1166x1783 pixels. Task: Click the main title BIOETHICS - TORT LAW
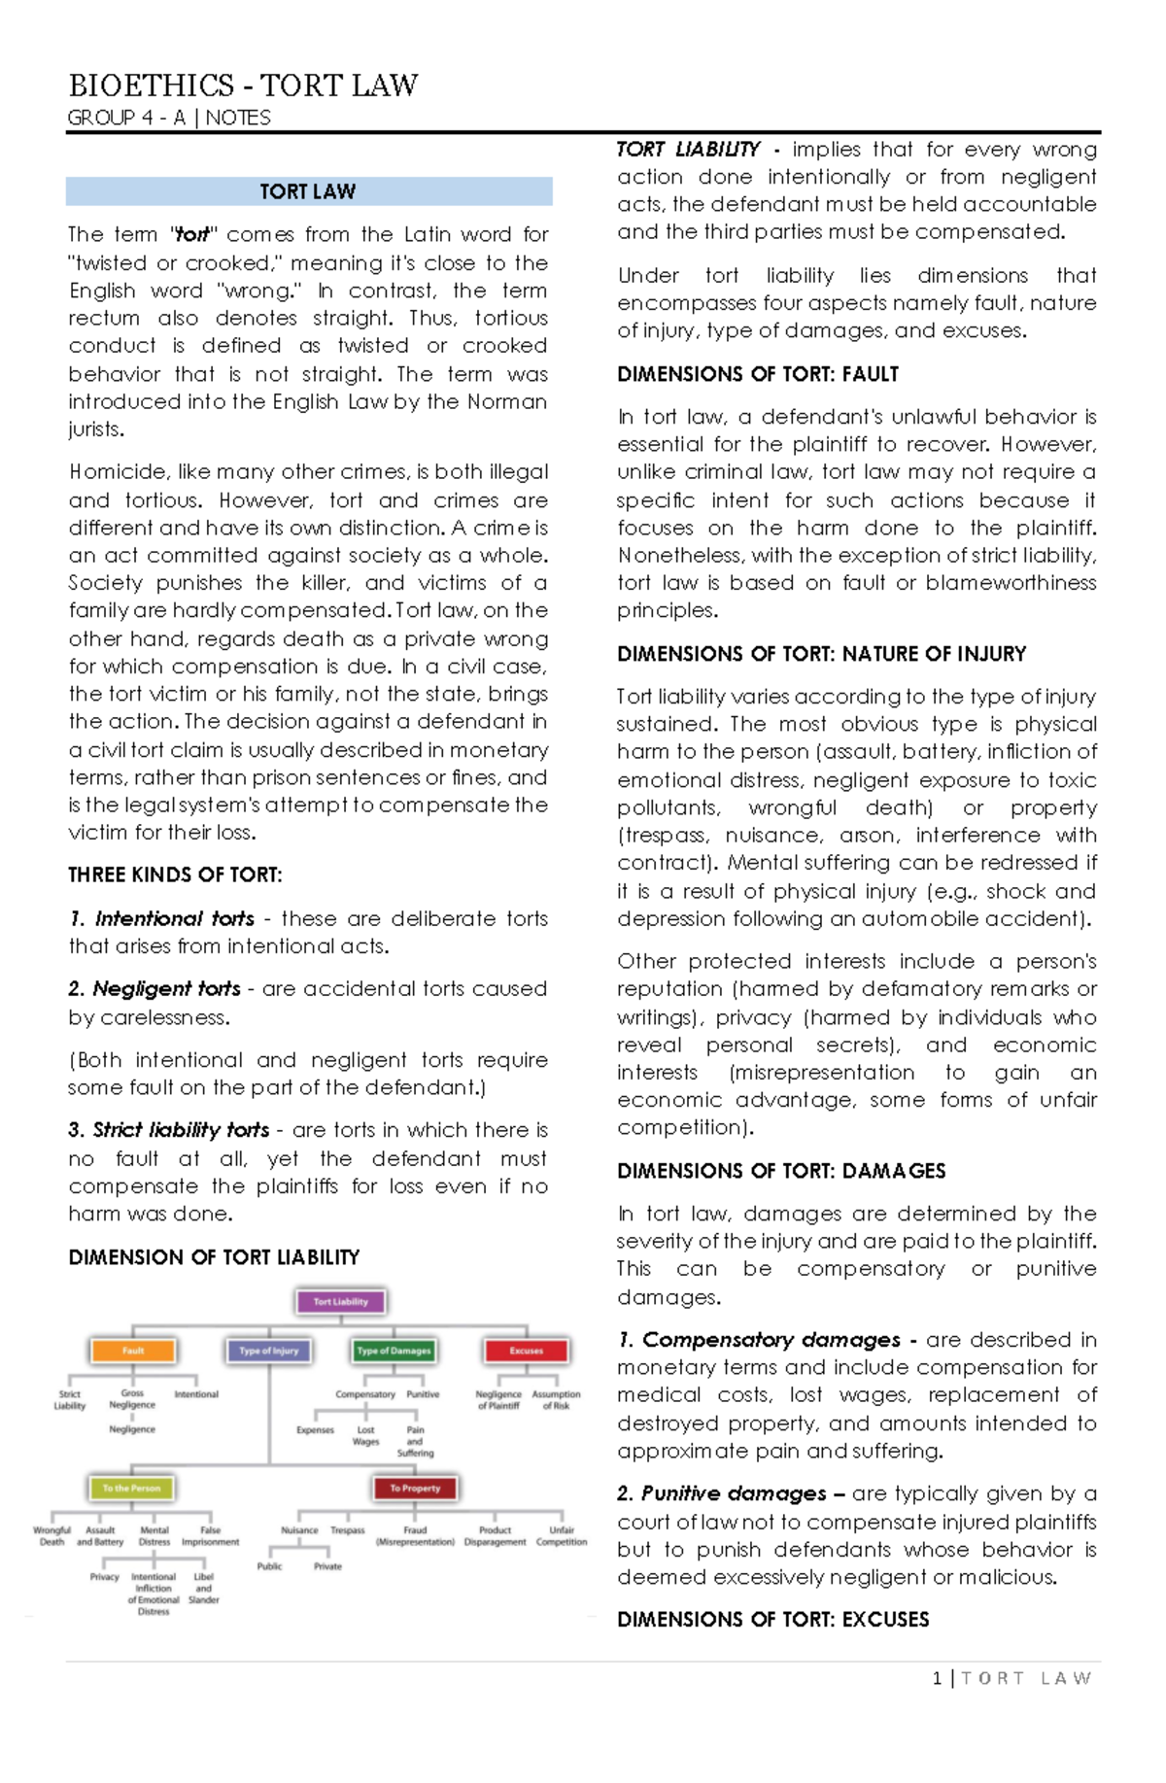(243, 86)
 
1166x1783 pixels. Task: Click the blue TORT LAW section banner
(308, 191)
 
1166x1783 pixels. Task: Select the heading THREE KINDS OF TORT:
(175, 874)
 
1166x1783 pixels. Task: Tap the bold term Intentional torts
(174, 918)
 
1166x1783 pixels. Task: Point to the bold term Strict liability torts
(180, 1130)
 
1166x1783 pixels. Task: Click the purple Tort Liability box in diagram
(340, 1301)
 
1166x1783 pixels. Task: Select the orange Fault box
(133, 1351)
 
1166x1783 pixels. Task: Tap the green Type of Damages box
(394, 1351)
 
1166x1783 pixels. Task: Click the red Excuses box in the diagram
(526, 1351)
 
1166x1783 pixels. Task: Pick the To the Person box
(131, 1488)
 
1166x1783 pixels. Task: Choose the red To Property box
(415, 1488)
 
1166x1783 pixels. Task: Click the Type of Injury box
(269, 1351)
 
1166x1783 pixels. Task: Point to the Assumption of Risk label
(556, 1399)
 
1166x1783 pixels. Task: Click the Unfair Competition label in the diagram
(562, 1535)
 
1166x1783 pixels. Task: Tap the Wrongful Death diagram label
(51, 1535)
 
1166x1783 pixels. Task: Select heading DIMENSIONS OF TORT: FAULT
(757, 374)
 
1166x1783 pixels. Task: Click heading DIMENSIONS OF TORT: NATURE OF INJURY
(821, 654)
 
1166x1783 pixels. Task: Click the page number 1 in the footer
(937, 1678)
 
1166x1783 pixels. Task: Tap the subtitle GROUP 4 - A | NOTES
(169, 118)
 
